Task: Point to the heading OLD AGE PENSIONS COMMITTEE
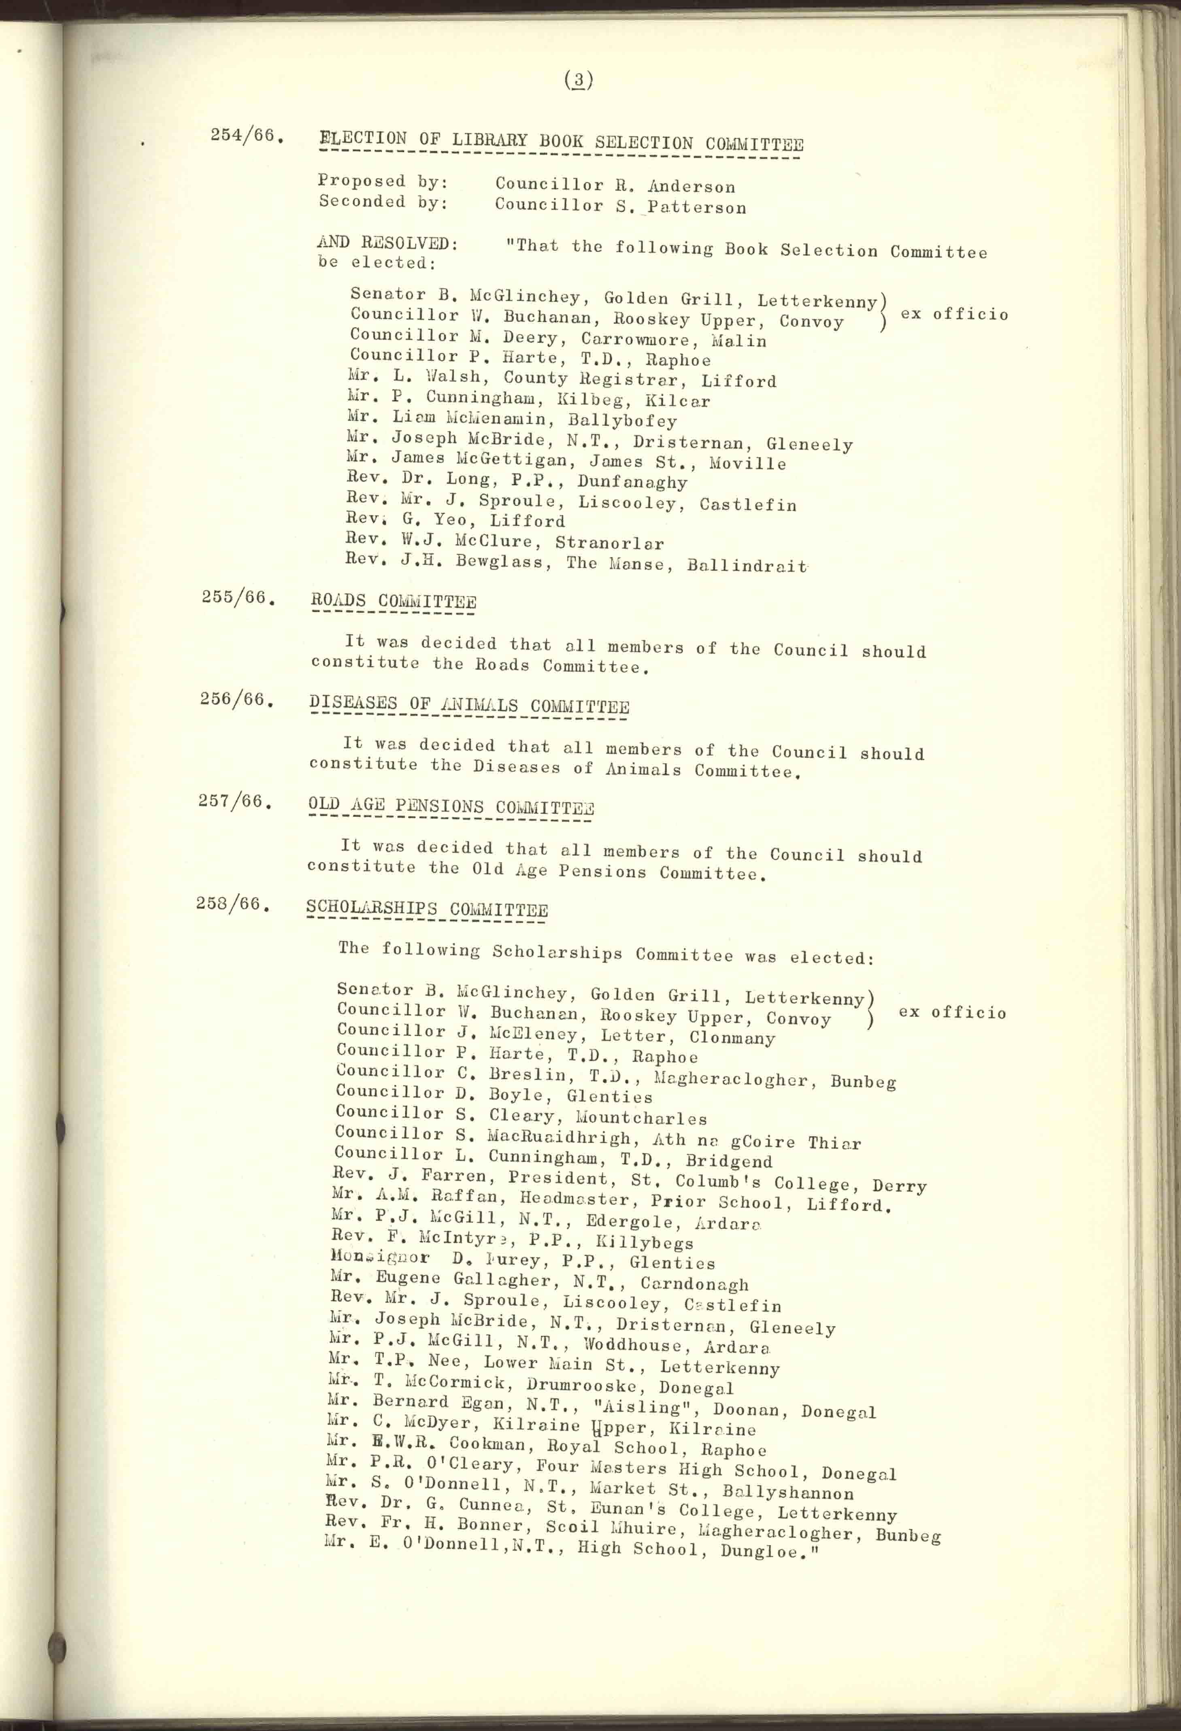pos(451,807)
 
